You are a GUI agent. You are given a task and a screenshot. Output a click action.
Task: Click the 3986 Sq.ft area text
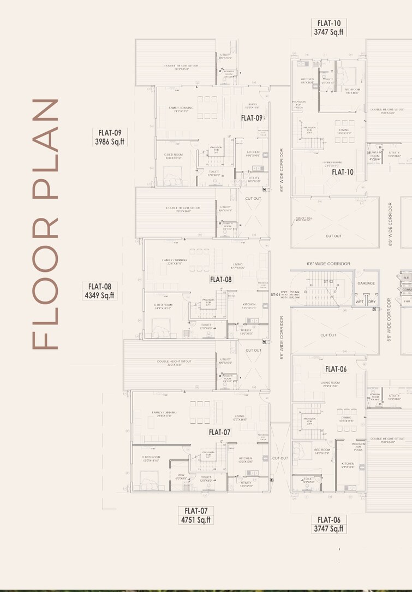110,141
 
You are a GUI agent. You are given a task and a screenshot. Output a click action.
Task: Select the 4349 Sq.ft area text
100,295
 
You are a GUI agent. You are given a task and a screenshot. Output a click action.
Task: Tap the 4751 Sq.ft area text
195,520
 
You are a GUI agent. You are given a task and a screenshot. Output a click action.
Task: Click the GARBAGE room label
366,283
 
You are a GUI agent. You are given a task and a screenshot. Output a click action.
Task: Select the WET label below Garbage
360,301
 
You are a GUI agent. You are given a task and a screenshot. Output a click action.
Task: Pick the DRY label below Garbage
373,301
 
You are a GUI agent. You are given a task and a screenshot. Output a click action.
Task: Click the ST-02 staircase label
328,281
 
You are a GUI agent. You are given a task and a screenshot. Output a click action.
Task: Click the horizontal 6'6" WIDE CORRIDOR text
328,264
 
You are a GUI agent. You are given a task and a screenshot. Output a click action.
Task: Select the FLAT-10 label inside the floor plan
343,172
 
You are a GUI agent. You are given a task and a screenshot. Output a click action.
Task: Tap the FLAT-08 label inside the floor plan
221,279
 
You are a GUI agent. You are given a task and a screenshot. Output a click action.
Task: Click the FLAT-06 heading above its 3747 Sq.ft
329,519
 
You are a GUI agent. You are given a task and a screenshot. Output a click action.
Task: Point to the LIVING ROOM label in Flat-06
331,383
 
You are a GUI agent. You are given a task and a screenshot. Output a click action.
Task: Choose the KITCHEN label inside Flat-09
252,152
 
